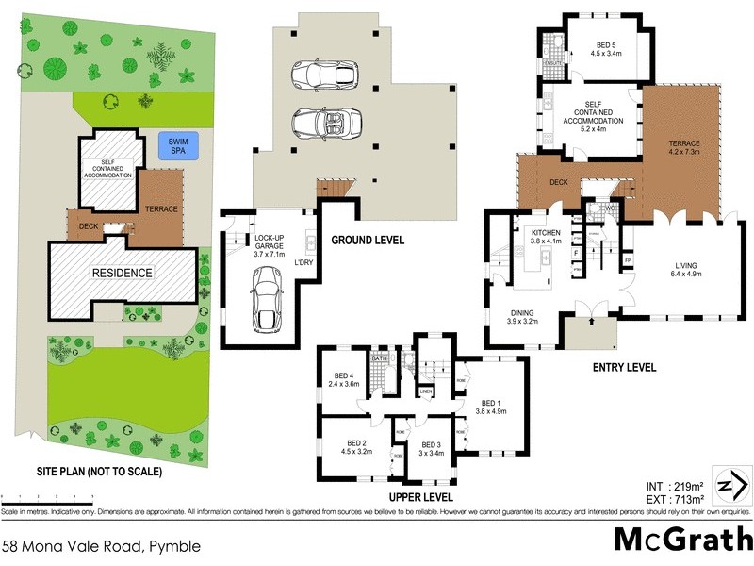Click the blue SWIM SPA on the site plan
tap(172, 146)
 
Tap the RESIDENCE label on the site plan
tap(121, 273)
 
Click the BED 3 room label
tap(432, 449)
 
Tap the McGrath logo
tap(682, 540)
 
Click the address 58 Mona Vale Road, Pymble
tap(101, 545)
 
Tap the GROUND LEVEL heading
tap(369, 240)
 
